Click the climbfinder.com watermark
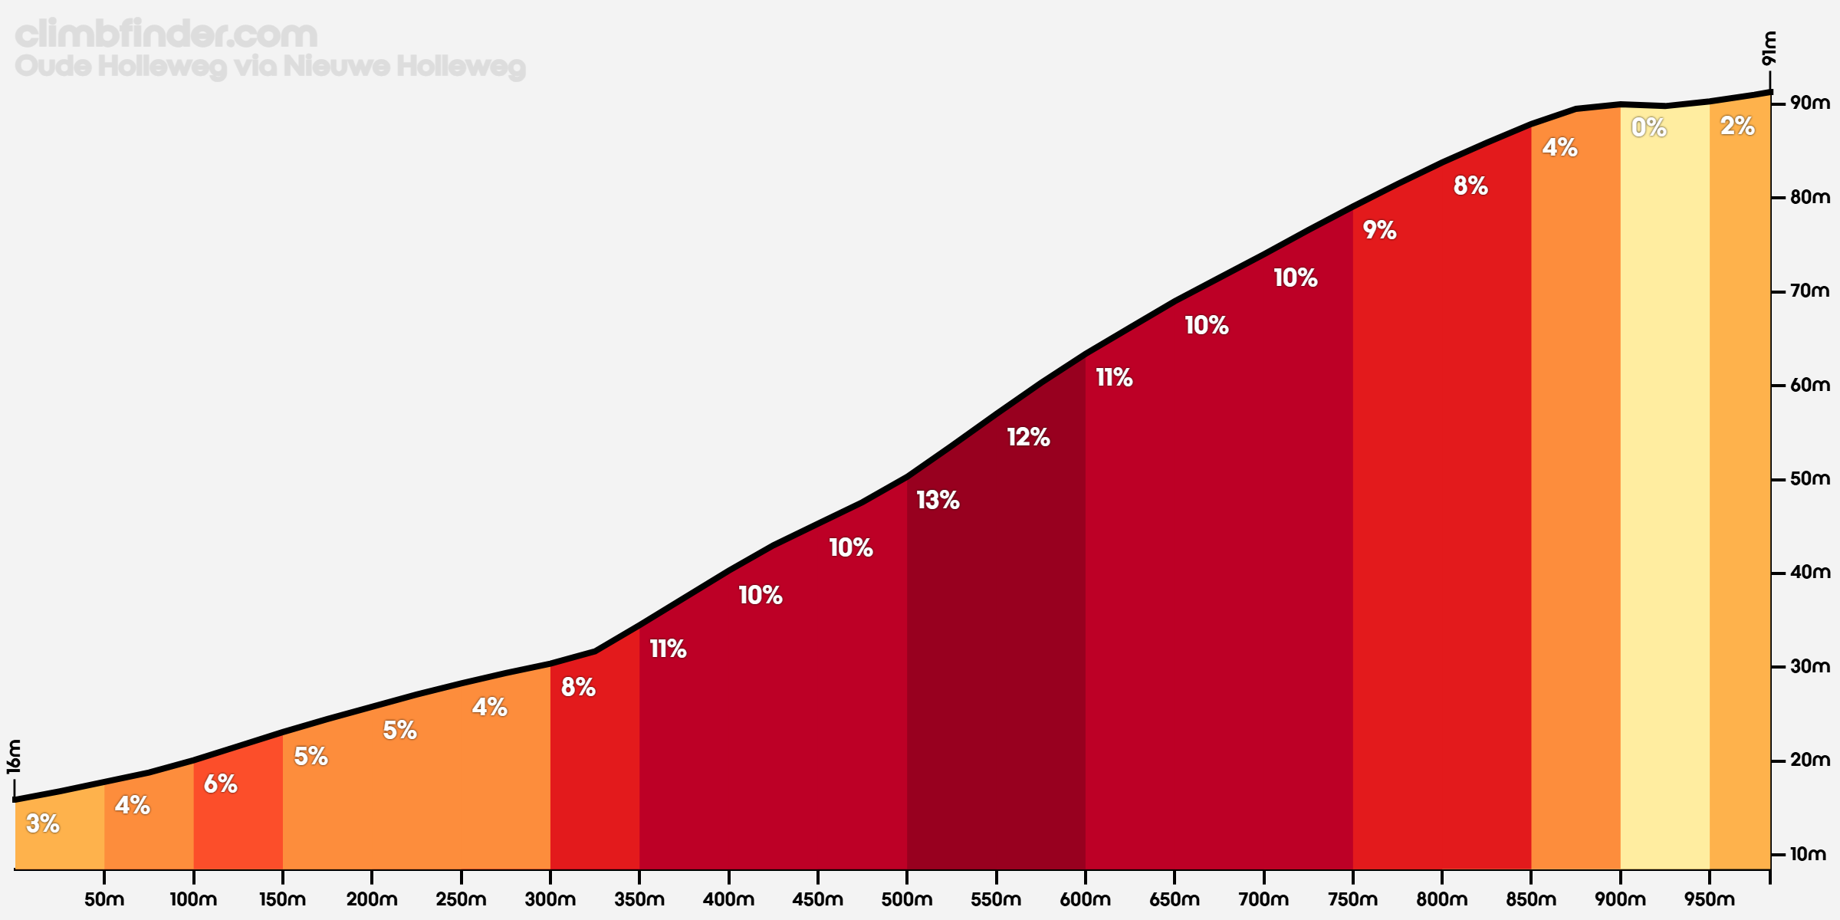click(x=166, y=34)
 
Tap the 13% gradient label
click(x=938, y=501)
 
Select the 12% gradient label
click(x=1028, y=438)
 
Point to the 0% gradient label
click(x=1648, y=127)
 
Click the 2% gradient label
click(x=1737, y=126)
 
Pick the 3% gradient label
click(x=43, y=823)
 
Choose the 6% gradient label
click(x=221, y=784)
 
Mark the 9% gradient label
click(x=1379, y=230)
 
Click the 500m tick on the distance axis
click(x=907, y=876)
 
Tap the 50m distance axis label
click(x=104, y=899)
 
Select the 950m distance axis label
click(x=1710, y=899)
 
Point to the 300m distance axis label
click(x=550, y=899)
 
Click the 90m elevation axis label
click(x=1809, y=103)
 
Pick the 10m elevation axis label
click(x=1808, y=854)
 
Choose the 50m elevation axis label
click(x=1809, y=478)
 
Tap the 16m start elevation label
click(x=14, y=757)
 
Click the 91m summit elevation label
click(x=1768, y=48)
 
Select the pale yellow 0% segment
click(x=1664, y=498)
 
